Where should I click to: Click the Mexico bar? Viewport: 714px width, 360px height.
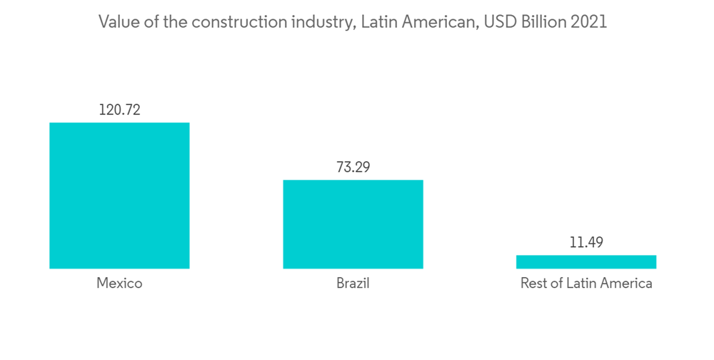(119, 195)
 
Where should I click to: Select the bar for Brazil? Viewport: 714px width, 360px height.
(353, 224)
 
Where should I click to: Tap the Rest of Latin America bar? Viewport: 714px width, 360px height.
(585, 261)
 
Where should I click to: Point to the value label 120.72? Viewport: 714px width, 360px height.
(119, 110)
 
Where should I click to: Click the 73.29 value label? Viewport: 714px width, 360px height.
(353, 167)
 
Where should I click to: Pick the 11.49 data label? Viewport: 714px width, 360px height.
(585, 243)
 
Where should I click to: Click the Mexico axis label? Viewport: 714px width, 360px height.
(119, 284)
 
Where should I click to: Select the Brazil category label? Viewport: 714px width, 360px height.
(353, 284)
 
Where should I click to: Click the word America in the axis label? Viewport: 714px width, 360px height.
(625, 284)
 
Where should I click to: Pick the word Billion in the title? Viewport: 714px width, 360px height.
(542, 22)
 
